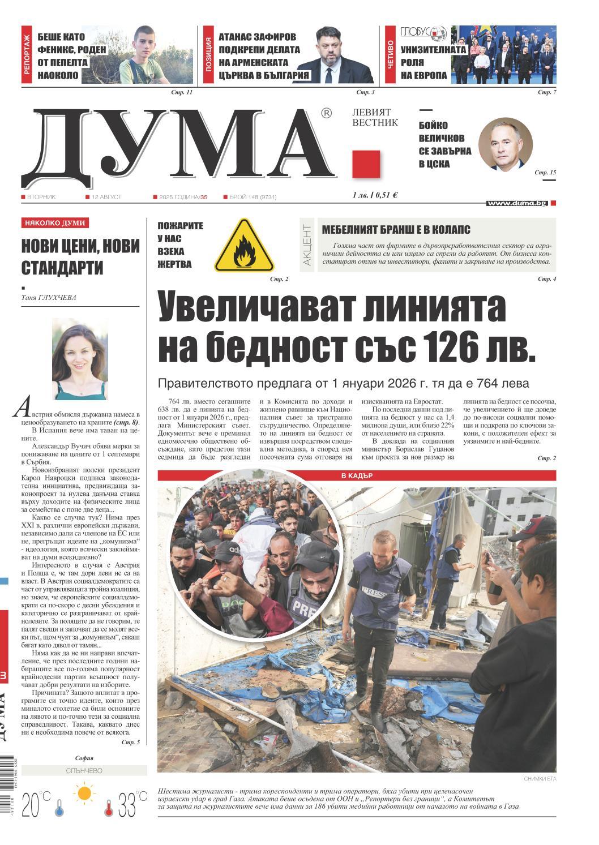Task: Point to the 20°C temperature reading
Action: pyautogui.click(x=35, y=805)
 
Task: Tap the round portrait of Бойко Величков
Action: pyautogui.click(x=505, y=145)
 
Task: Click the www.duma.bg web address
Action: pyautogui.click(x=517, y=203)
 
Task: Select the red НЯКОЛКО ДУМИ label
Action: pyautogui.click(x=55, y=223)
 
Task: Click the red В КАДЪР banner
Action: pyautogui.click(x=356, y=475)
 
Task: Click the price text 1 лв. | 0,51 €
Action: pyautogui.click(x=375, y=195)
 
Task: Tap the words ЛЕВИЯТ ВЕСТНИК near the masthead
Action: pyautogui.click(x=375, y=118)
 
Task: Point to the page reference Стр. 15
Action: pyautogui.click(x=546, y=172)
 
